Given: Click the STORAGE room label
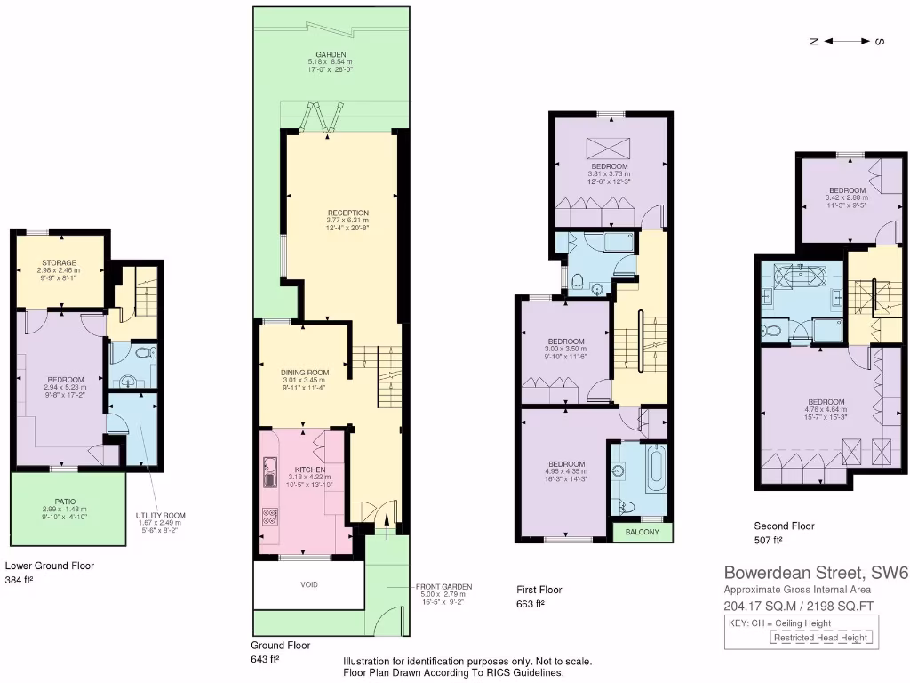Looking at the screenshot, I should pyautogui.click(x=59, y=262).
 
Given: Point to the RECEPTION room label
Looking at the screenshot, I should pyautogui.click(x=347, y=213).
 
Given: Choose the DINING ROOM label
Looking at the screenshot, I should pyautogui.click(x=306, y=372).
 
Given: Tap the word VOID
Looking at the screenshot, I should pyautogui.click(x=307, y=584).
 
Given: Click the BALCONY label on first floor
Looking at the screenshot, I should pyautogui.click(x=643, y=532).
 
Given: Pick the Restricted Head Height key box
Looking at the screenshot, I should pyautogui.click(x=820, y=637).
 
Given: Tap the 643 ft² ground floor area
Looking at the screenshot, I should pyautogui.click(x=266, y=659).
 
